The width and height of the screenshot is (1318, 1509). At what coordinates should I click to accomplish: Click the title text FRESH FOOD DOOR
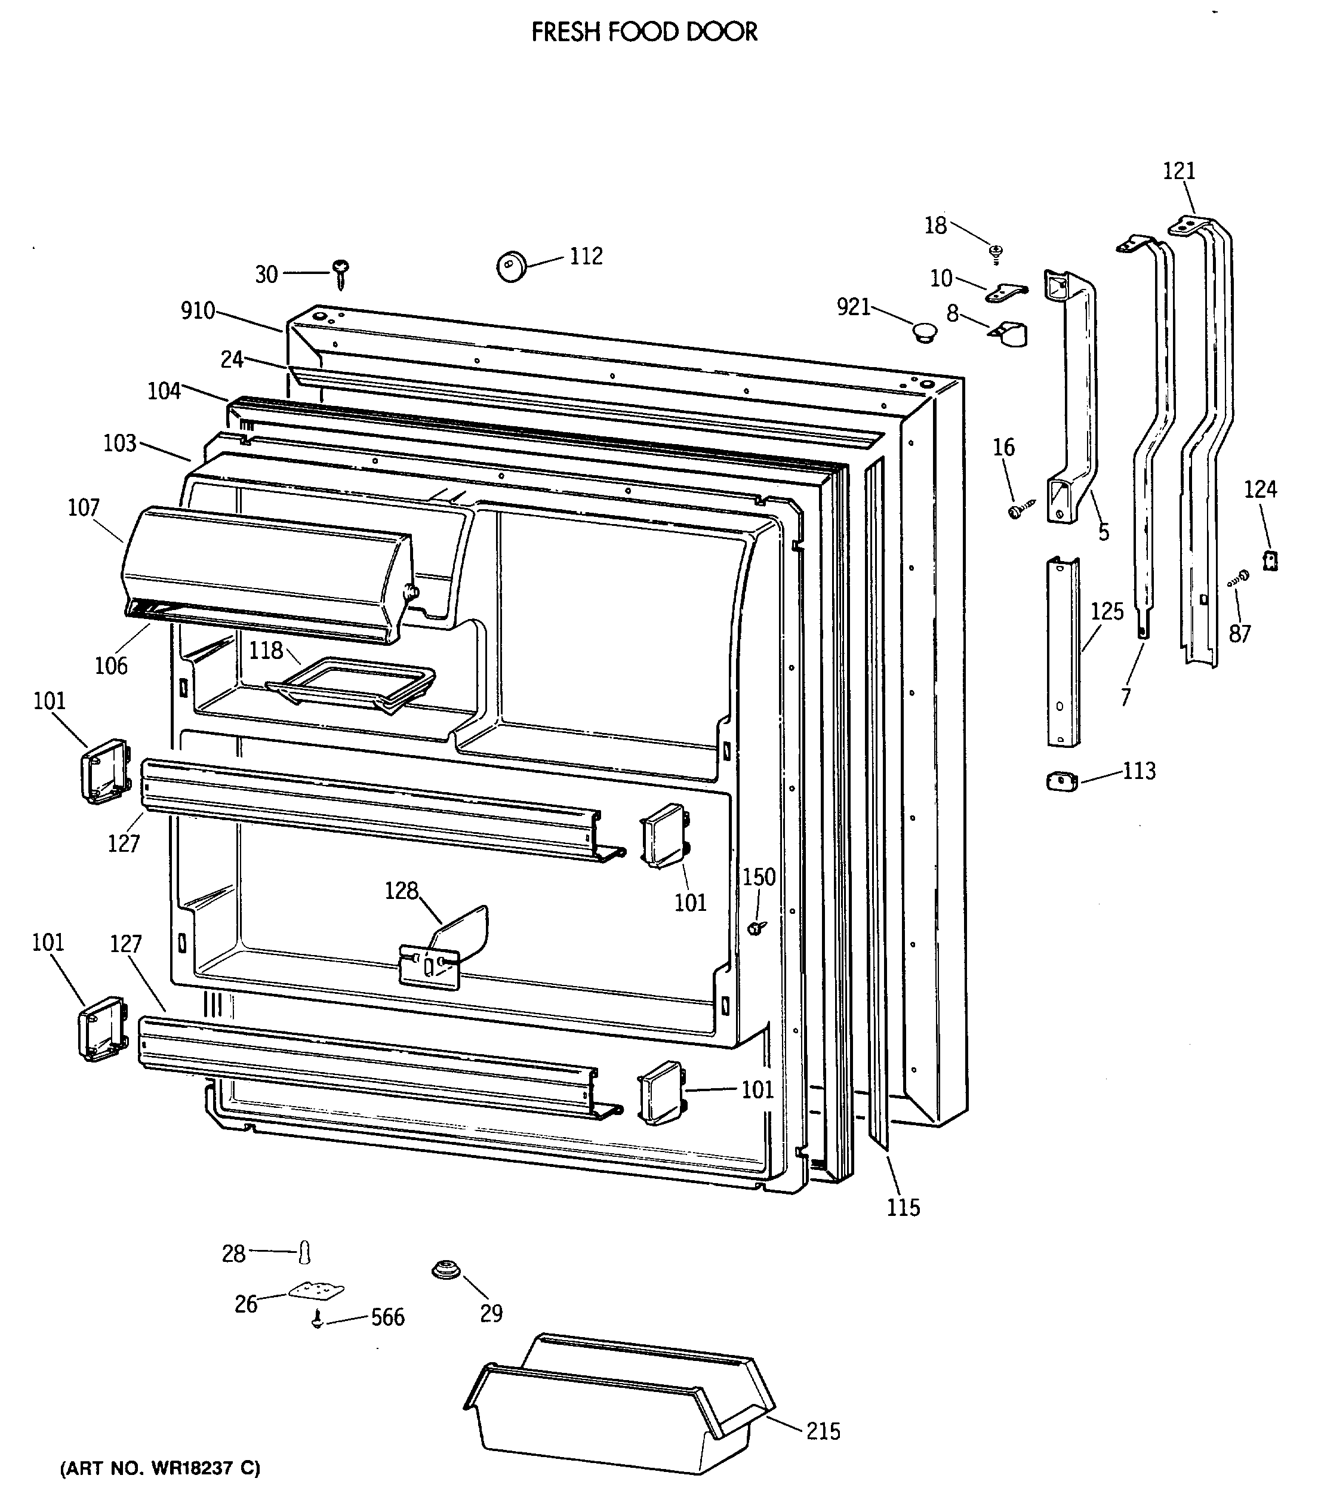pos(644,32)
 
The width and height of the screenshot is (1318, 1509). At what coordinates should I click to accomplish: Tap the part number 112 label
pos(586,256)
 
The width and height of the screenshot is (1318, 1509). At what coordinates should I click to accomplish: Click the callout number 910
pos(198,311)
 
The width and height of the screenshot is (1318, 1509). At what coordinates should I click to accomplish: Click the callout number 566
pos(387,1317)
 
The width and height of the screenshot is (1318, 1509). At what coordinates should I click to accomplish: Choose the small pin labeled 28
pos(305,1252)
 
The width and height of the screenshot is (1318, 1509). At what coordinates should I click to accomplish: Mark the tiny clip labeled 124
pos(1270,561)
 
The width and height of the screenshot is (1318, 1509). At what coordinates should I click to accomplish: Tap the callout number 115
pos(903,1207)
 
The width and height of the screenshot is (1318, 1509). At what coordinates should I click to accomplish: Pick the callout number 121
pos(1179,171)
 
